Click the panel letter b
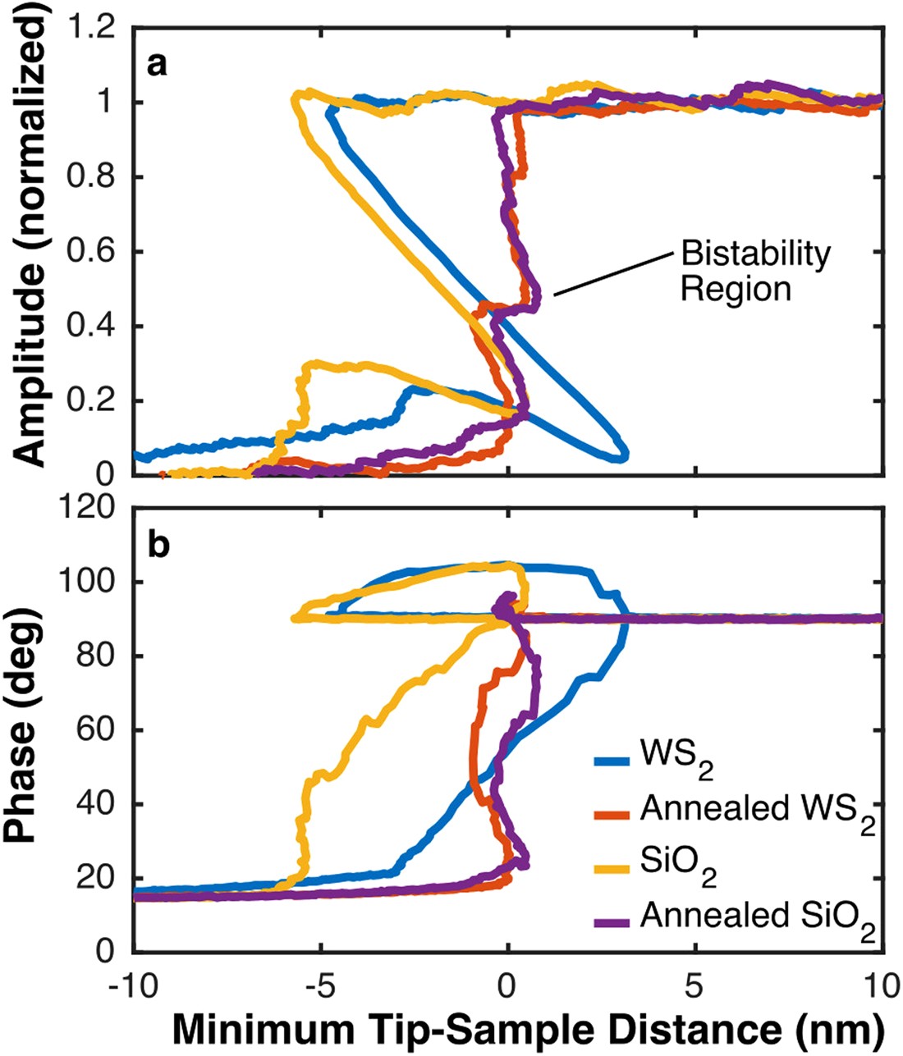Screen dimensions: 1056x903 tap(158, 546)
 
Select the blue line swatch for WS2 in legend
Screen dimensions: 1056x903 tap(612, 761)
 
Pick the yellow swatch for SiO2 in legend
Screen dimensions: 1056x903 tap(612, 866)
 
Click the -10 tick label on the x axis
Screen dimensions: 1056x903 tap(131, 984)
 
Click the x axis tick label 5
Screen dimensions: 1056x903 tap(695, 984)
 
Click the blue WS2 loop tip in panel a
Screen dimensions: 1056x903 tap(626, 453)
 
